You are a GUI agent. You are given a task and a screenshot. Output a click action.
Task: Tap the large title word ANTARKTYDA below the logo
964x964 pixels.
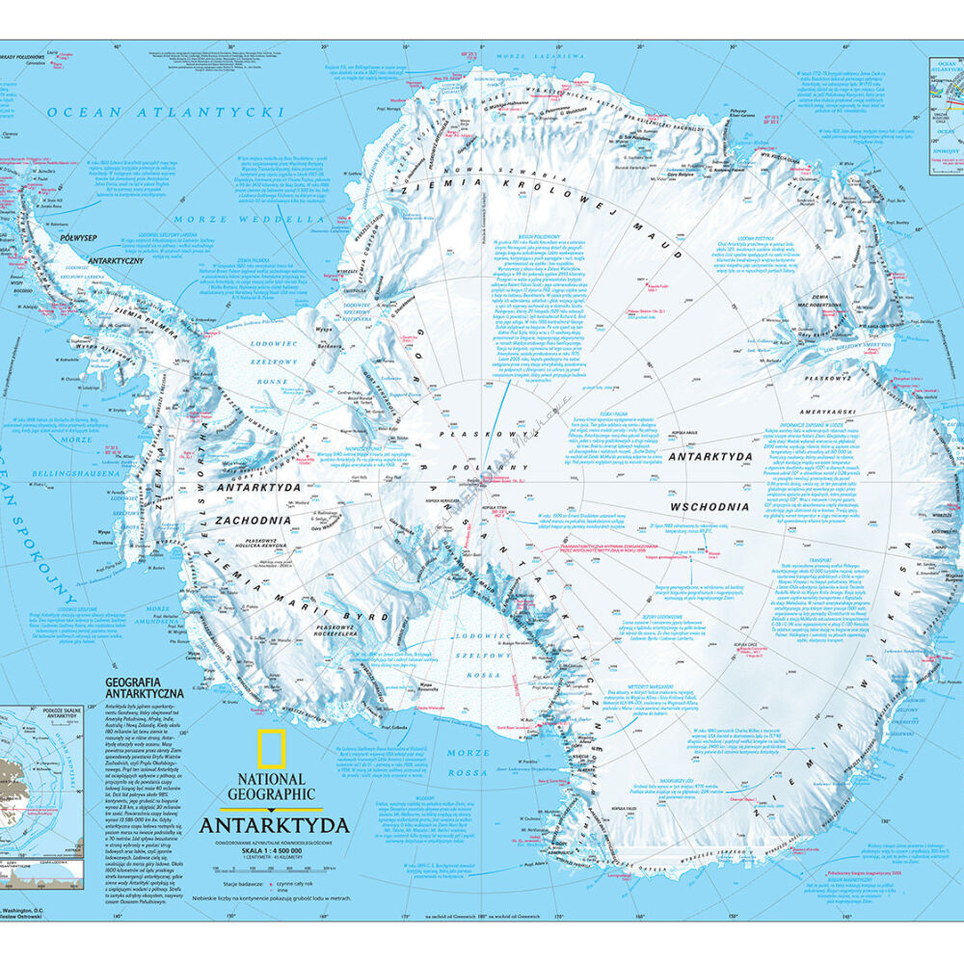(274, 825)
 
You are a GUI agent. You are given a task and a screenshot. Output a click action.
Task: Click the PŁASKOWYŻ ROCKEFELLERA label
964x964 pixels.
(335, 632)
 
